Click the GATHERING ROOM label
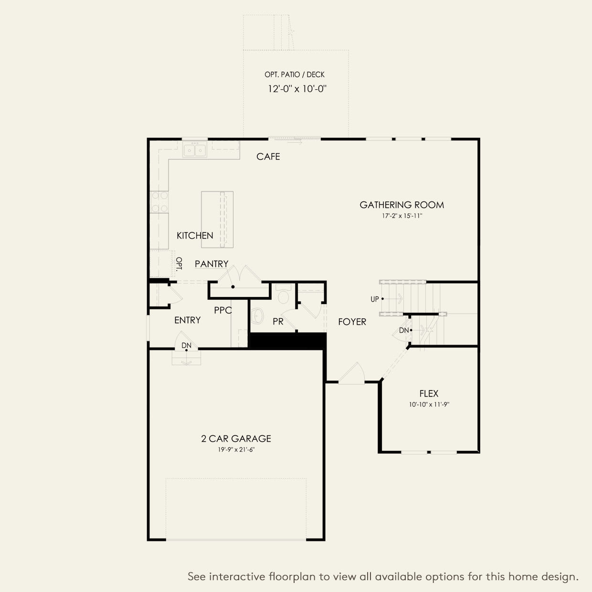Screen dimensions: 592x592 coord(402,205)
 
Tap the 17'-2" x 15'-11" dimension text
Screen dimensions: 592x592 coord(402,216)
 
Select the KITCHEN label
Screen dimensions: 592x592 coord(195,235)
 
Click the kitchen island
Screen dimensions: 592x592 coord(217,220)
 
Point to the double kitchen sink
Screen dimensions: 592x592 coord(195,150)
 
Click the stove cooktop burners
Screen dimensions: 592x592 coord(159,201)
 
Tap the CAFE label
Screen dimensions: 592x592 coord(268,157)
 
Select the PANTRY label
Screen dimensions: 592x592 coord(211,264)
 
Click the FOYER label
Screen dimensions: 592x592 coord(352,322)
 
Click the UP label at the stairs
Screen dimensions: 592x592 coord(374,299)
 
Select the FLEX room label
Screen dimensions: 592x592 coord(429,394)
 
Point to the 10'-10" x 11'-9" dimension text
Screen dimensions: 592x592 coord(429,405)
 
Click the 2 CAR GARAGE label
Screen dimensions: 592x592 coord(236,438)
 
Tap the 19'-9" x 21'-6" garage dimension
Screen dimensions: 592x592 coord(236,450)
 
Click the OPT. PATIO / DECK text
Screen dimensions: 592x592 coord(295,74)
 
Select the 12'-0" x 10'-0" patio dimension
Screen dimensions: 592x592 coord(297,89)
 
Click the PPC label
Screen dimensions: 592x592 coord(222,310)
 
